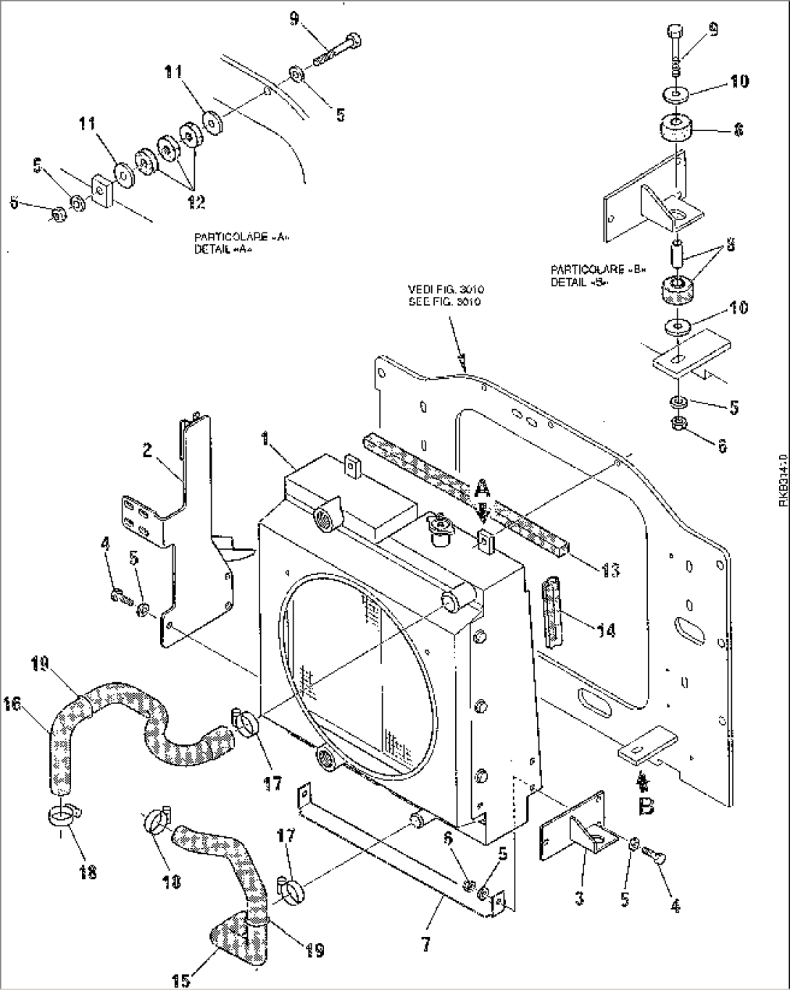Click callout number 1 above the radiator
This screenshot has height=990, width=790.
(266, 438)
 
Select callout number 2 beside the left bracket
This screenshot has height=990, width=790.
(147, 450)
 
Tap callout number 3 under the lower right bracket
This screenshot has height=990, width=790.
(580, 899)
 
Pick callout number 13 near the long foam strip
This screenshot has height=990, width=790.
(610, 571)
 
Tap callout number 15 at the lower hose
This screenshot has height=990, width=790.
(181, 980)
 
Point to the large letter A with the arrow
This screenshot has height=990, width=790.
(481, 490)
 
